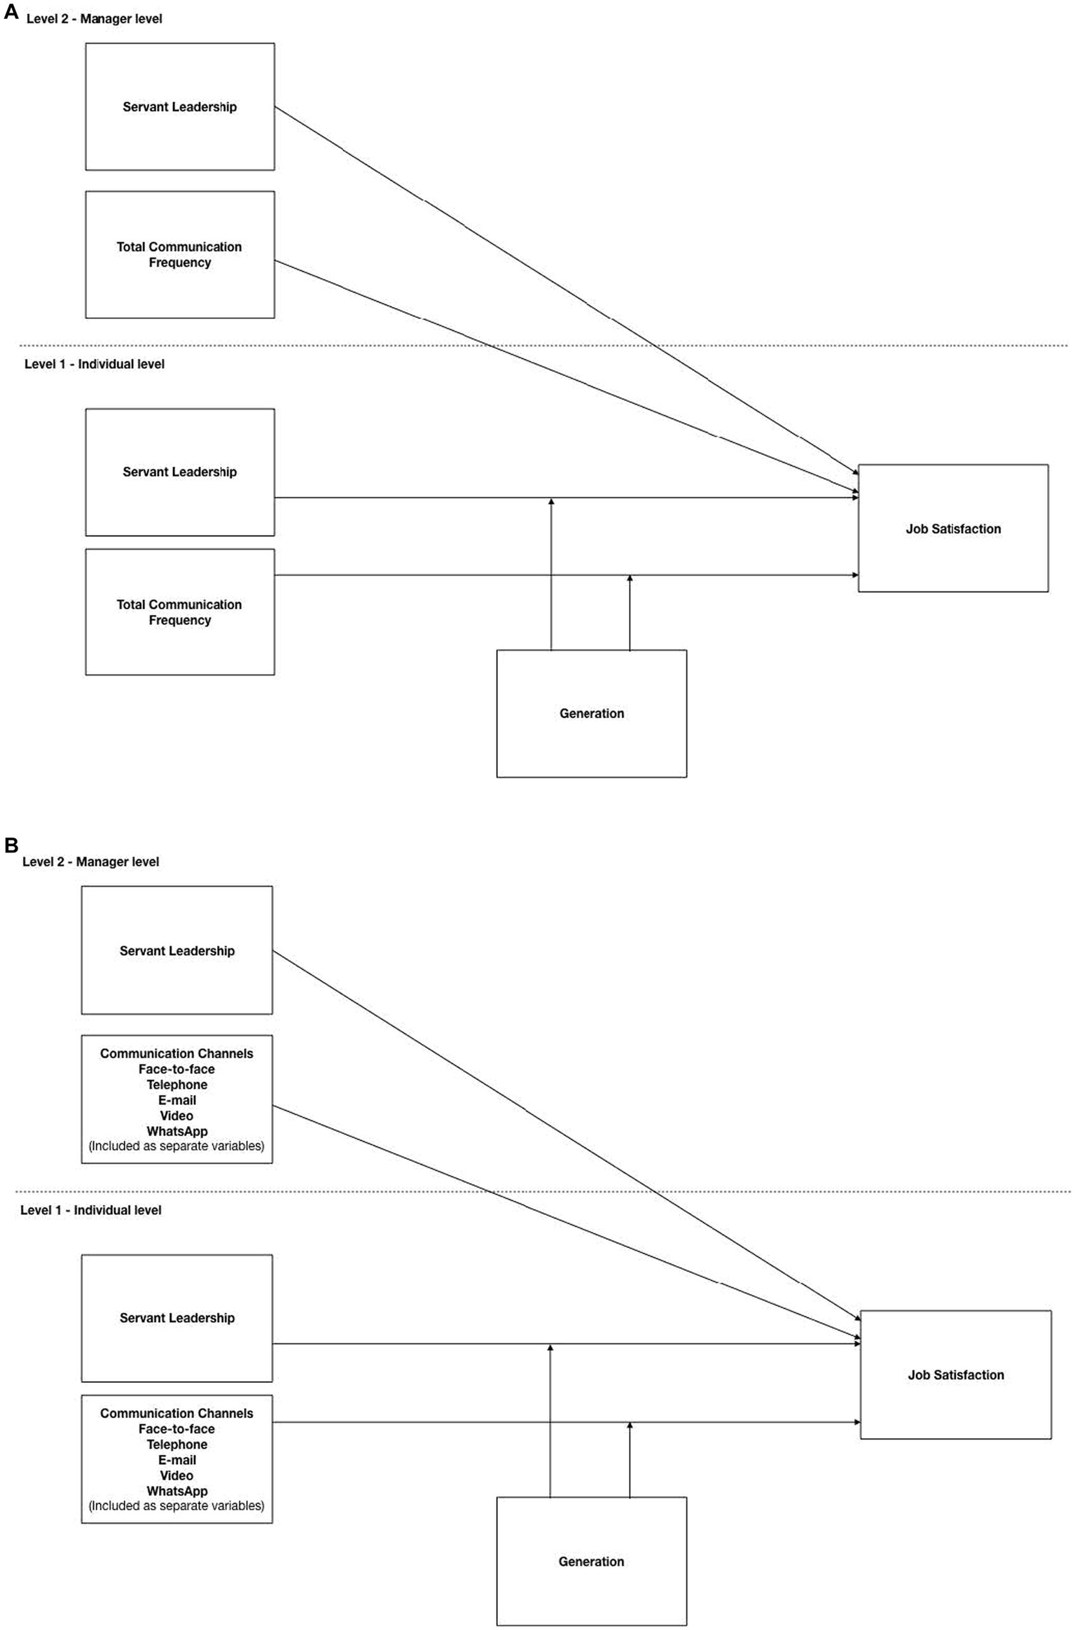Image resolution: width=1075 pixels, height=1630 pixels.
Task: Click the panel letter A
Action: pyautogui.click(x=11, y=13)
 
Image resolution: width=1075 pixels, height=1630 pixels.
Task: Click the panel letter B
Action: pyautogui.click(x=11, y=845)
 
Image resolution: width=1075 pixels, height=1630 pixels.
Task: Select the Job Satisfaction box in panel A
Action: pyautogui.click(x=952, y=528)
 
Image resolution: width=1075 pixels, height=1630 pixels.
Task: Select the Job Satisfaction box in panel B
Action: pyautogui.click(x=955, y=1375)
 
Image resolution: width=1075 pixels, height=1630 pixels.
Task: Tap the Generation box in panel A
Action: pyautogui.click(x=591, y=713)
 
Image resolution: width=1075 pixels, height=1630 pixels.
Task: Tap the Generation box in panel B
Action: pyautogui.click(x=591, y=1561)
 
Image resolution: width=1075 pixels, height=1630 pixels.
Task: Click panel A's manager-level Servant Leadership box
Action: pyautogui.click(x=179, y=106)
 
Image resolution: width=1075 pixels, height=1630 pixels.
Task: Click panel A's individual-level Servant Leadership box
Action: pyautogui.click(x=179, y=472)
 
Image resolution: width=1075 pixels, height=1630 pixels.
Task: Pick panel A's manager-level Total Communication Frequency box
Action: pyautogui.click(x=179, y=254)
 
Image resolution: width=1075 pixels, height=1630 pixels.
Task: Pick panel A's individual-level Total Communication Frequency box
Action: pyautogui.click(x=179, y=612)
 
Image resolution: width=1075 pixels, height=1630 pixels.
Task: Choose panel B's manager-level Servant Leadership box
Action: pyautogui.click(x=176, y=950)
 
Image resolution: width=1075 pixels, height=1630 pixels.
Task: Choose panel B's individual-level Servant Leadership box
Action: pyautogui.click(x=176, y=1317)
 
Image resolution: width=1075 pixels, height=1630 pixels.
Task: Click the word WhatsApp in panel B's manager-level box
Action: pyautogui.click(x=176, y=1131)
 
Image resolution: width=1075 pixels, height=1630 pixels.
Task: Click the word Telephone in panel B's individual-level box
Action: pyautogui.click(x=176, y=1444)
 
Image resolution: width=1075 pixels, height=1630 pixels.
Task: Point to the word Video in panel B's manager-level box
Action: pyautogui.click(x=176, y=1116)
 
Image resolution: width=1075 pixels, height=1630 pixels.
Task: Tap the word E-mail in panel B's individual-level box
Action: pyautogui.click(x=176, y=1460)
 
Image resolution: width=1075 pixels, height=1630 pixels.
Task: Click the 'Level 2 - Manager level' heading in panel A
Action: pyautogui.click(x=94, y=19)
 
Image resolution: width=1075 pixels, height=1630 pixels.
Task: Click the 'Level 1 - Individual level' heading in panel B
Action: pyautogui.click(x=90, y=1210)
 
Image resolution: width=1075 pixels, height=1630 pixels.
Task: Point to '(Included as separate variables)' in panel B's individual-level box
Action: pyautogui.click(x=176, y=1505)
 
